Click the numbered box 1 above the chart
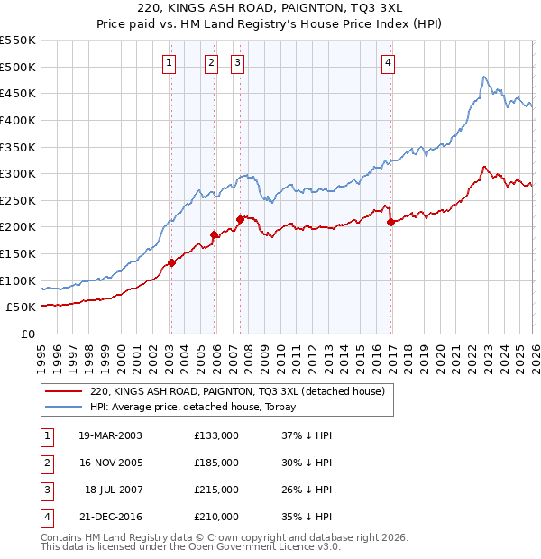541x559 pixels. (x=170, y=62)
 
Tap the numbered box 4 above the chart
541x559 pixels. (x=388, y=62)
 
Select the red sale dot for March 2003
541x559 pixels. (x=171, y=263)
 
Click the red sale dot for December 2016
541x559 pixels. (x=390, y=222)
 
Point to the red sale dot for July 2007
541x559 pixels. (x=240, y=219)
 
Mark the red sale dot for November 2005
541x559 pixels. (x=215, y=235)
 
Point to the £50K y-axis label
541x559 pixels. (x=22, y=307)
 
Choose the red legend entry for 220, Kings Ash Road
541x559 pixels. (x=237, y=391)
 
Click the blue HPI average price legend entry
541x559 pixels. (x=199, y=407)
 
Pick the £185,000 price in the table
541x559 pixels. (x=216, y=463)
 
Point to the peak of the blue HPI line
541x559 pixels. (x=483, y=77)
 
